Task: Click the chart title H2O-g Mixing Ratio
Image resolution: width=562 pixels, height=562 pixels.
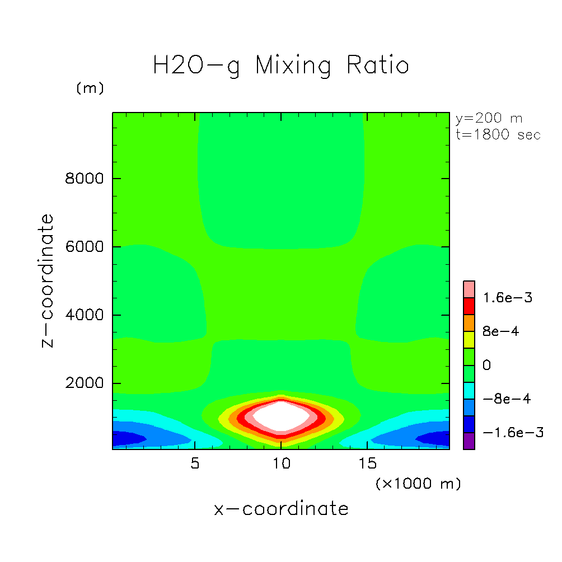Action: click(x=281, y=65)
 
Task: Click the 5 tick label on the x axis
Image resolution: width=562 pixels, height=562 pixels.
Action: click(x=194, y=463)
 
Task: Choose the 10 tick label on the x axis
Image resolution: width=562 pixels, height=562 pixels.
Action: click(x=281, y=463)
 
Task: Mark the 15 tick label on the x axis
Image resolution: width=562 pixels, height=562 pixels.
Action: click(x=367, y=463)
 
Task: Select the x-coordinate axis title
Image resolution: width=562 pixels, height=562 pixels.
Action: click(x=281, y=509)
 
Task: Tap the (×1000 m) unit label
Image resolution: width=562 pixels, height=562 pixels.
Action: click(x=418, y=484)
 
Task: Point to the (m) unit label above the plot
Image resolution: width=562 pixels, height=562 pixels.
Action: click(x=90, y=88)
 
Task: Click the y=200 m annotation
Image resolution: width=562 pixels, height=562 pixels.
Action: click(x=488, y=119)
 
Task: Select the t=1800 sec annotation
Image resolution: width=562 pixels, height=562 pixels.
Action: click(x=498, y=135)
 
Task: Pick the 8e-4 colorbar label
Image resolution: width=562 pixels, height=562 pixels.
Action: click(x=501, y=331)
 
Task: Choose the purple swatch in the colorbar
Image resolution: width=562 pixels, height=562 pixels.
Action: click(x=469, y=441)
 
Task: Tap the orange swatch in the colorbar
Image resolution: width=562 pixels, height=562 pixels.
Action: click(x=469, y=322)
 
